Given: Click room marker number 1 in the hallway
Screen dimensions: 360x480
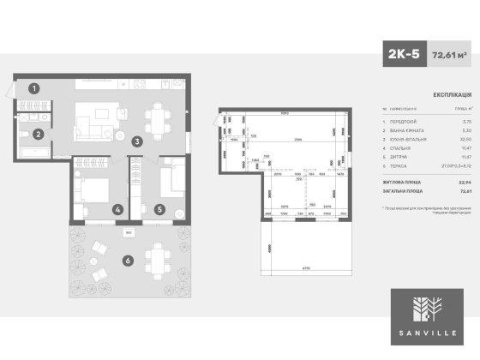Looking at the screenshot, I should (x=33, y=87).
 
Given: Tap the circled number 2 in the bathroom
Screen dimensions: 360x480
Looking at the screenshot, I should (x=39, y=134).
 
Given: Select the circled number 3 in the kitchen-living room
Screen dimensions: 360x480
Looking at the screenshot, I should (x=137, y=141).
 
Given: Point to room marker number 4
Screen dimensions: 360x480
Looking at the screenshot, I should (x=117, y=208).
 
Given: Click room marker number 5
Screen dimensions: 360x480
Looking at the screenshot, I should (x=159, y=208).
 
